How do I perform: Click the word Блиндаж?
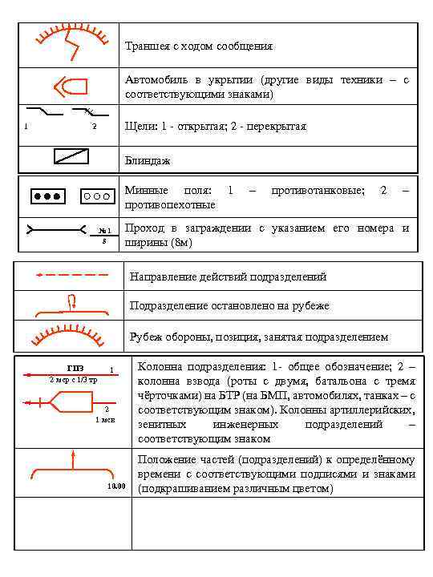[x=148, y=161]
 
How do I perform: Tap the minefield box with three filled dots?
[x=47, y=196]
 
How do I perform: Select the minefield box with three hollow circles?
[x=96, y=196]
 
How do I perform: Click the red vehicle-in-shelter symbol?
[x=71, y=87]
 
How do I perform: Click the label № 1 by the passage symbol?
[x=104, y=231]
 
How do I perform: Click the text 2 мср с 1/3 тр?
[x=73, y=379]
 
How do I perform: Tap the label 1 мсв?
[x=105, y=419]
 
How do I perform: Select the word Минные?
[x=146, y=190]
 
